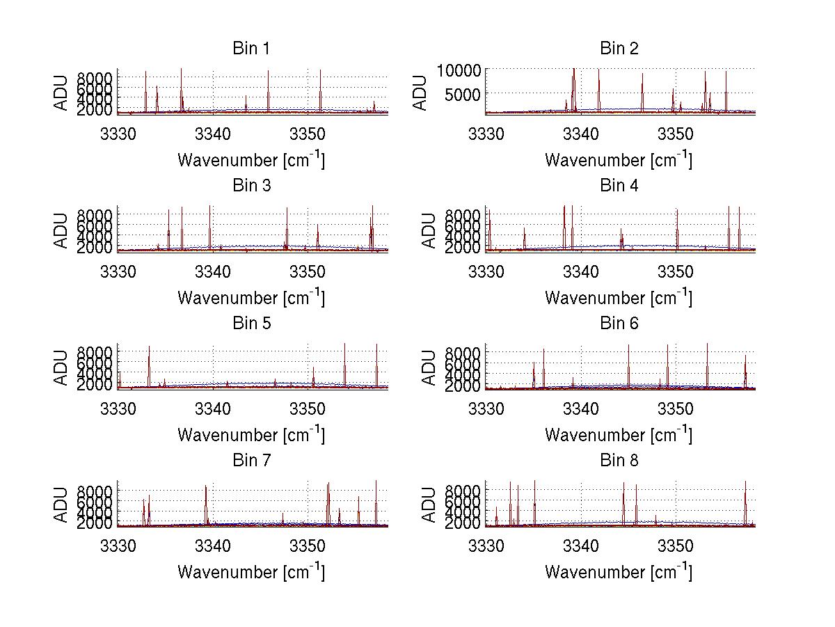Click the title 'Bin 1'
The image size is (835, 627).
[x=250, y=49]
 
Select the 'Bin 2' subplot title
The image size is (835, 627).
[x=619, y=49]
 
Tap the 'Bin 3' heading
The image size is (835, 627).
[x=250, y=186]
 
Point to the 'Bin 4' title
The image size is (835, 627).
[x=619, y=186]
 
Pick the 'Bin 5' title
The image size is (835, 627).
[x=250, y=324]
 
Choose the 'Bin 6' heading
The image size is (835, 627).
[x=619, y=324]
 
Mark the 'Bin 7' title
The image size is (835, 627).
[x=250, y=461]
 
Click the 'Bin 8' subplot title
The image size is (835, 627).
[x=619, y=461]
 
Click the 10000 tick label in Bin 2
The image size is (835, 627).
[x=458, y=70]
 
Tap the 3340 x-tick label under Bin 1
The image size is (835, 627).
[x=213, y=134]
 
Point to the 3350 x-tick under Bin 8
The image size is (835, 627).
[x=675, y=546]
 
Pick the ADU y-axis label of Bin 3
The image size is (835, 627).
[x=62, y=230]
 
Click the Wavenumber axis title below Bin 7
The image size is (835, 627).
[x=250, y=572]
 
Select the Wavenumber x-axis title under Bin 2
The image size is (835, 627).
[x=619, y=160]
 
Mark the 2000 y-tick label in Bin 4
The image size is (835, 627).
[x=463, y=247]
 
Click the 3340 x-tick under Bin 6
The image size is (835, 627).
[x=580, y=408]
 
